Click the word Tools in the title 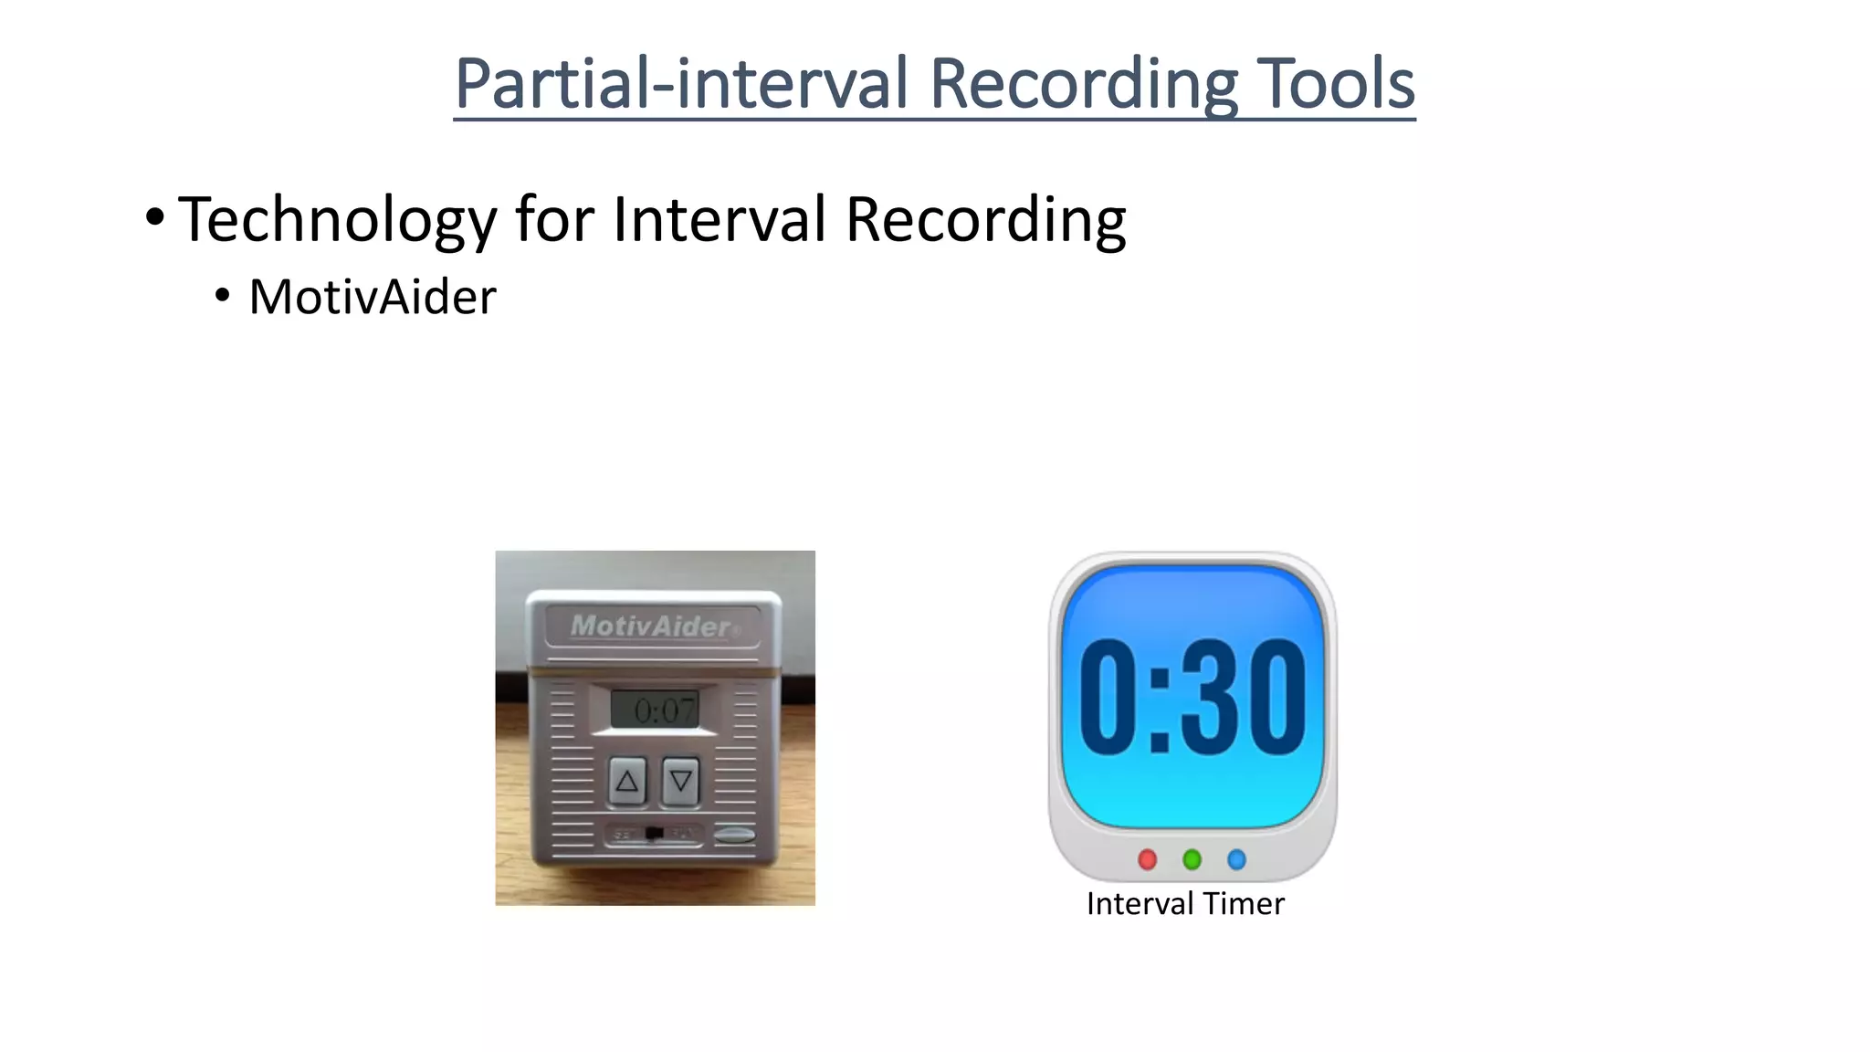click(x=1336, y=84)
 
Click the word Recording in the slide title click(x=1083, y=84)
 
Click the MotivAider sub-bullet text click(x=373, y=297)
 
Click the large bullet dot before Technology click(x=154, y=218)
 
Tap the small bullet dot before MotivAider click(x=222, y=296)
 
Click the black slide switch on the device click(x=654, y=834)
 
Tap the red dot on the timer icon click(x=1148, y=859)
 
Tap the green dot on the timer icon click(x=1192, y=859)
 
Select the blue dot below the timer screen click(x=1236, y=859)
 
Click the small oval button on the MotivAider click(x=734, y=834)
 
